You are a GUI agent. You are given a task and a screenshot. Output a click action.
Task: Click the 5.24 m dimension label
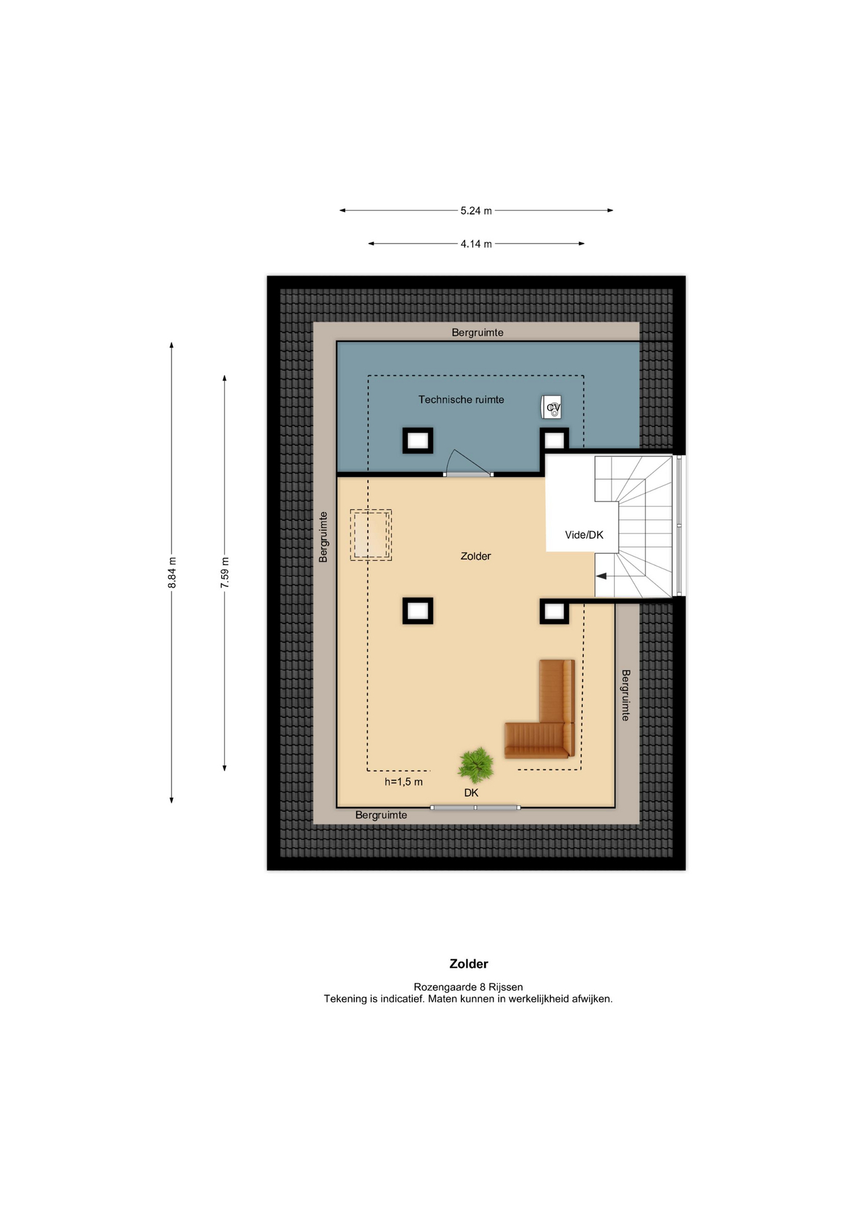476,211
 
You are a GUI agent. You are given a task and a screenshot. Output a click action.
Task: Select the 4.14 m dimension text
476,244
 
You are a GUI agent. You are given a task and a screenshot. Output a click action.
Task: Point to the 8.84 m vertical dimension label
172,573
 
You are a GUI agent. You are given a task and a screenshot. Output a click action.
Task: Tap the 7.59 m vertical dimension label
225,573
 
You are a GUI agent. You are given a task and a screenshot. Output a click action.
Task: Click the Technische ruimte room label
461,399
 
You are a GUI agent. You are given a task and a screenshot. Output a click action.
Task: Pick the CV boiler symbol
552,407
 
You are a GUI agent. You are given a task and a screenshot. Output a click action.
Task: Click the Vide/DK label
584,535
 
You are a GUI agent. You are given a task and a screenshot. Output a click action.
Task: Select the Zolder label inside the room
475,556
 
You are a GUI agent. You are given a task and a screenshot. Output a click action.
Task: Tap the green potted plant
476,765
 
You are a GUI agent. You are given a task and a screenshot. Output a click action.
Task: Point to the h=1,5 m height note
404,782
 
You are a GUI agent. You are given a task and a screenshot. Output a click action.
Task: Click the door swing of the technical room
468,463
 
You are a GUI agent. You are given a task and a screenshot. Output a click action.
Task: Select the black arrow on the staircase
601,576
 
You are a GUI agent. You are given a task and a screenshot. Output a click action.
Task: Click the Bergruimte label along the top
477,332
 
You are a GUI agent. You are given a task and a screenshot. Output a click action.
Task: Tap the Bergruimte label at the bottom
381,815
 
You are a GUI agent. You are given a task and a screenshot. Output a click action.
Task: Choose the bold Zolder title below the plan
468,964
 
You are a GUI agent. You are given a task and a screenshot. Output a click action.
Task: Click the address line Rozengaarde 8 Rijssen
468,987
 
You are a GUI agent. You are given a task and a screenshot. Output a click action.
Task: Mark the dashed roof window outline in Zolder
371,535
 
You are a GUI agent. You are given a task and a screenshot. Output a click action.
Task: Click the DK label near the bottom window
471,793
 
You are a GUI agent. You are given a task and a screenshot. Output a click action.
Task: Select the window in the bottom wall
475,807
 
